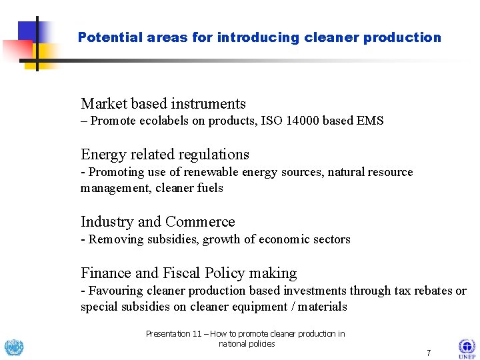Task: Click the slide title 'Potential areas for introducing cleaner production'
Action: tap(259, 38)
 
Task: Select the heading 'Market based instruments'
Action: tap(163, 104)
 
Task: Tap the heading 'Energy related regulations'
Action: tap(165, 155)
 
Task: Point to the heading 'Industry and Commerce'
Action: tap(158, 222)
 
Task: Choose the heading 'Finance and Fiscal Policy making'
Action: tap(189, 273)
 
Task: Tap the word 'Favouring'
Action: tap(115, 291)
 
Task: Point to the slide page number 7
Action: tap(429, 353)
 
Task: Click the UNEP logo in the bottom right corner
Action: tap(467, 347)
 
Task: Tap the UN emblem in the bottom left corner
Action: tap(13, 347)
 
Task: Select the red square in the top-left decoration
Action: tap(16, 51)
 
